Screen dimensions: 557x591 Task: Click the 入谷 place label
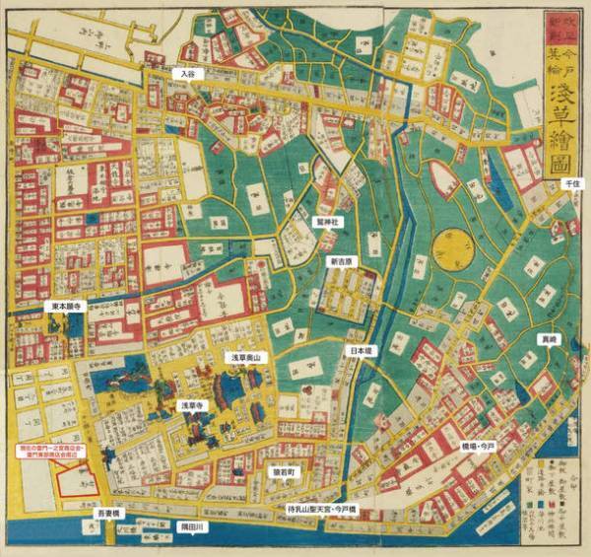[x=186, y=73]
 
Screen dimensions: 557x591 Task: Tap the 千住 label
[x=570, y=184]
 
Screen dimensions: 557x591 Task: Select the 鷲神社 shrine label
[x=326, y=223]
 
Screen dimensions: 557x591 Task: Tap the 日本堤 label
[x=361, y=350]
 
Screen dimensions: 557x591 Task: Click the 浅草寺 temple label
[x=190, y=405]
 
